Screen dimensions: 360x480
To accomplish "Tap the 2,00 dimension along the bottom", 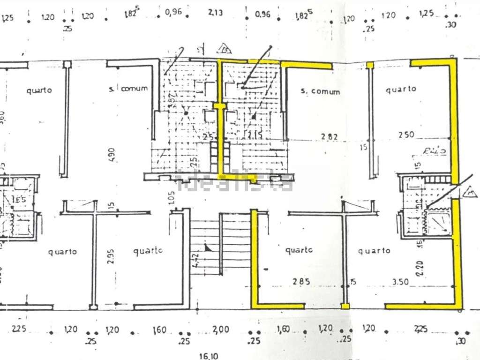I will [220, 330].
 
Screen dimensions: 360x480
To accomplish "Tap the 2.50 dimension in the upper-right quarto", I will [406, 135].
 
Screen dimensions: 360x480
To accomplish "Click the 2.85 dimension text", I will [300, 282].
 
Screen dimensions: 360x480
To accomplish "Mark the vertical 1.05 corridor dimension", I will [171, 198].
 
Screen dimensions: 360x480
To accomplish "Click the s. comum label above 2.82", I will [320, 91].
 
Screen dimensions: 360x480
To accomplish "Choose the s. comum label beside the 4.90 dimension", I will [128, 88].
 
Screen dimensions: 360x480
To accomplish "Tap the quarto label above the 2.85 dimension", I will [299, 250].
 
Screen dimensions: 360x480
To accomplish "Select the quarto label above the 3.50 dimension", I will [374, 251].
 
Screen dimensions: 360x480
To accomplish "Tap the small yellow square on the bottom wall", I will [346, 307].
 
